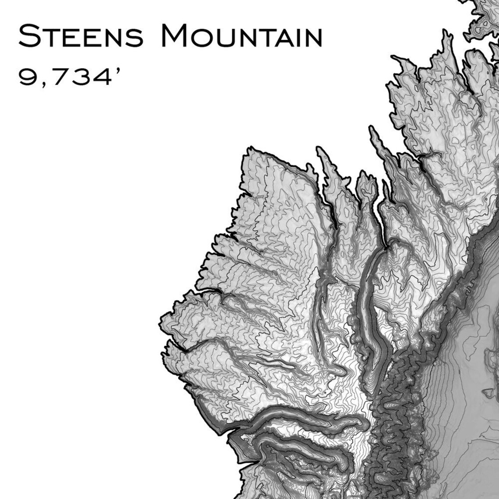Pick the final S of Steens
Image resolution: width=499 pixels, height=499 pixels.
[x=134, y=38]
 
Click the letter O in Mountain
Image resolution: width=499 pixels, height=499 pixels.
[x=204, y=38]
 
